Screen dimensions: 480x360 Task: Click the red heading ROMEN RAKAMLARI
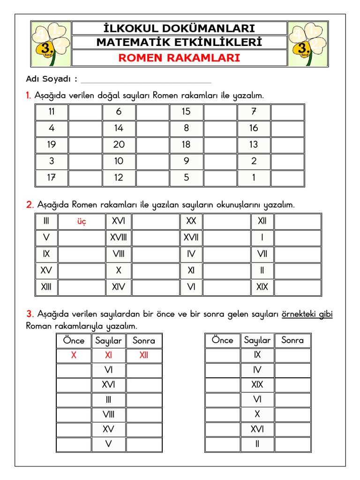point(179,58)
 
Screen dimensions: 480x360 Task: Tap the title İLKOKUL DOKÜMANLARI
point(179,28)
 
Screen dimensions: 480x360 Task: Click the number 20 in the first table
point(119,144)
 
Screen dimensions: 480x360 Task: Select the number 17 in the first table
point(52,178)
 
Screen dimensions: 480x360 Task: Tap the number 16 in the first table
point(254,128)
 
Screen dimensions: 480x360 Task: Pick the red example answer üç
point(82,221)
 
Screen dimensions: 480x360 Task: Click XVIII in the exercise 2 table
point(119,238)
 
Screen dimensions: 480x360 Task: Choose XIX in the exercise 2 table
point(262,287)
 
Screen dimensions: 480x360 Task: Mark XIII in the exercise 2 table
point(46,287)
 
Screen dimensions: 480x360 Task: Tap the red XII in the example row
point(144,355)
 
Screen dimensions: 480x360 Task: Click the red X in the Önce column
point(74,355)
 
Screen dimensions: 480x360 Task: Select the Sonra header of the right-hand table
point(292,340)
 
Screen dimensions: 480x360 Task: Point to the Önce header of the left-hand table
point(74,341)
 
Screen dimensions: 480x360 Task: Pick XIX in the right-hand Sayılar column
point(257,385)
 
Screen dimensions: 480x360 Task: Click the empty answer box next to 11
point(85,112)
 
